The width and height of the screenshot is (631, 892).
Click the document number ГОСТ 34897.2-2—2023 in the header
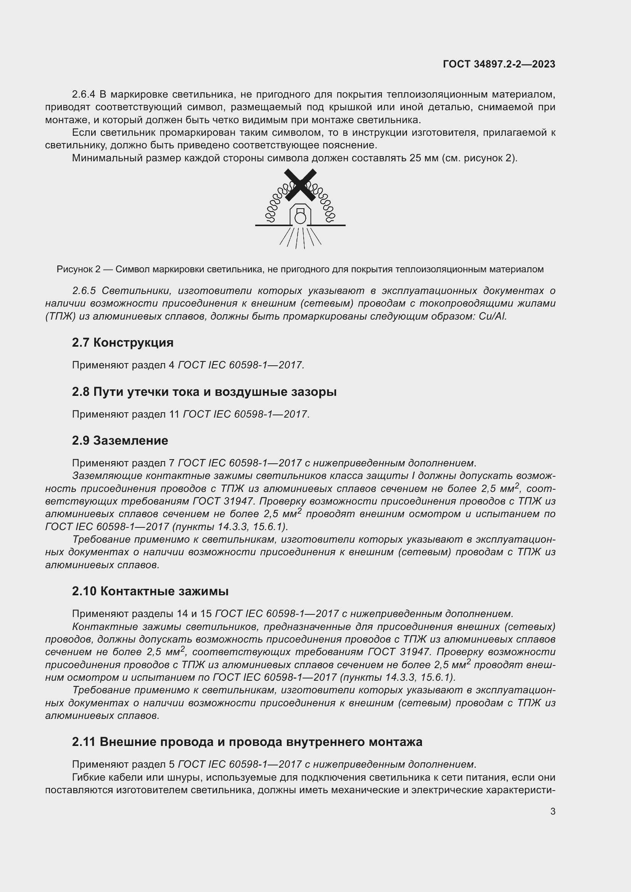pos(499,64)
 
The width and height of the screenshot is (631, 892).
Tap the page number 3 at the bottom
pos(552,811)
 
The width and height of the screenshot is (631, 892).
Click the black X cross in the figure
pos(300,185)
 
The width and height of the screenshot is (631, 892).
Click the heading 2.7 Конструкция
pos(123,343)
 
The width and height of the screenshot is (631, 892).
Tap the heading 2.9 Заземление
pos(120,440)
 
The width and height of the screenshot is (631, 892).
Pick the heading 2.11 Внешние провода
pos(247,742)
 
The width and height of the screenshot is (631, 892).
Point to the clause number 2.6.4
pos(84,95)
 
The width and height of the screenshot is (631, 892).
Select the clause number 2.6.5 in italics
pos(84,291)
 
